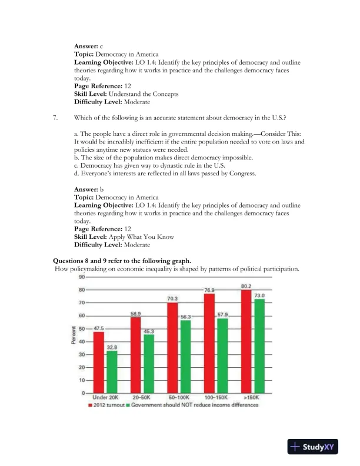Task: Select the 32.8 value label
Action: coord(112,347)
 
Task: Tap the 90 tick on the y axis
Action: coord(82,277)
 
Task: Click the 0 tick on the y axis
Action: coord(84,393)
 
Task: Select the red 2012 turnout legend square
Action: coord(90,405)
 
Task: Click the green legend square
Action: coord(128,405)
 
